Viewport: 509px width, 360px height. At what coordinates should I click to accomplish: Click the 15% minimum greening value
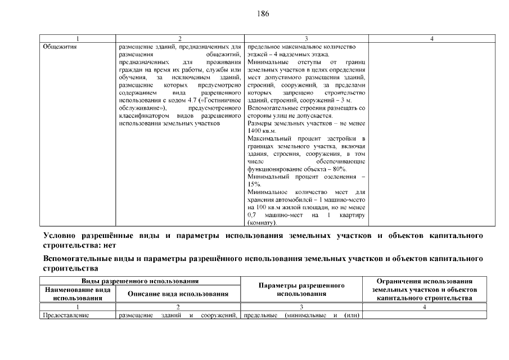click(253, 184)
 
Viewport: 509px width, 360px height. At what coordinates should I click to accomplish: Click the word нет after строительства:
click(112, 246)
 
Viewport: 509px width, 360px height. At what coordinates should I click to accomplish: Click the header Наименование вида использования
click(78, 293)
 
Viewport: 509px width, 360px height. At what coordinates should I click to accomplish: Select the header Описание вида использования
click(178, 294)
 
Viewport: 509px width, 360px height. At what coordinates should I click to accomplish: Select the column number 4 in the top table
click(431, 39)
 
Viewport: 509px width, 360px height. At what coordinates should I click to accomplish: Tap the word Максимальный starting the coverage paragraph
click(268, 138)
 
